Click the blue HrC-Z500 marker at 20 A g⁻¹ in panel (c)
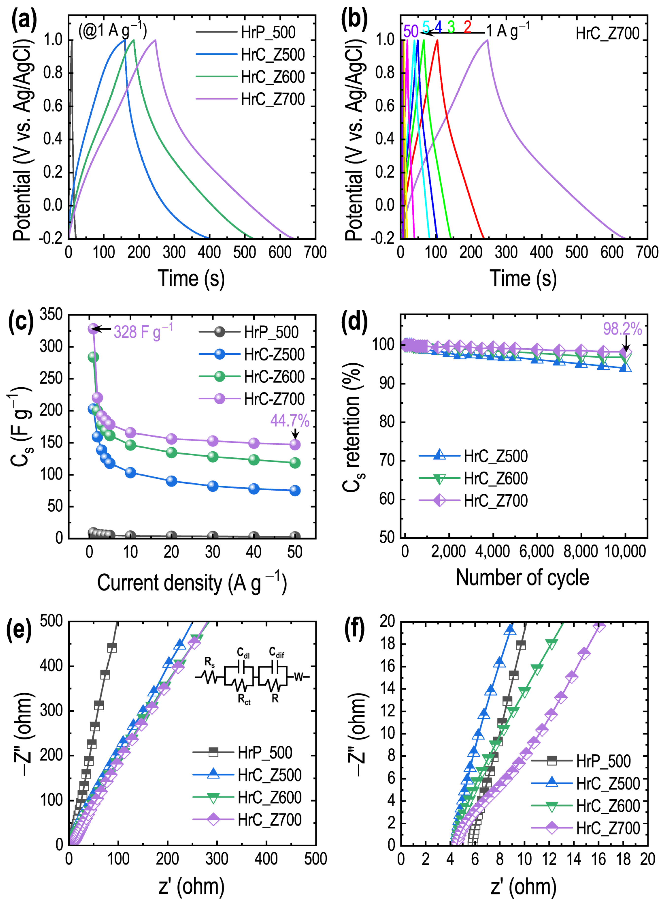(x=171, y=481)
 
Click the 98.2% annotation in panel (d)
(x=622, y=329)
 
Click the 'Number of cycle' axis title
(x=522, y=578)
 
